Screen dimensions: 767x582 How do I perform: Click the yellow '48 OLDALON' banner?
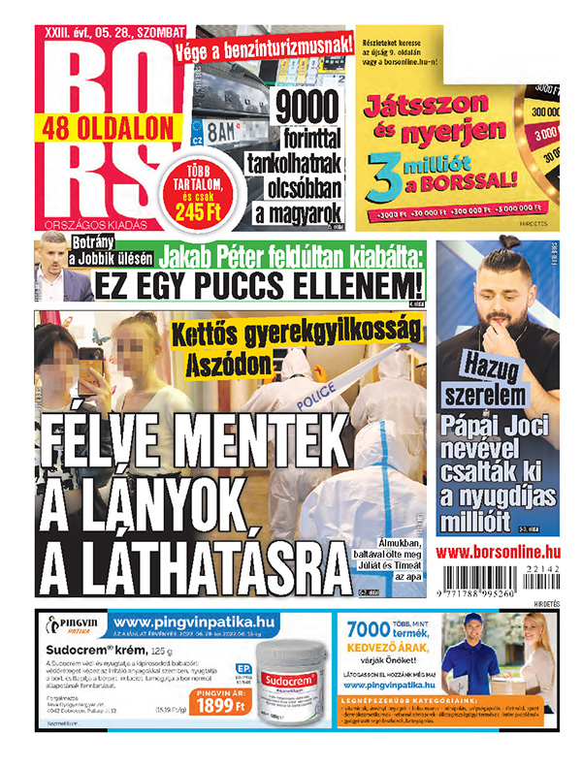click(108, 126)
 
